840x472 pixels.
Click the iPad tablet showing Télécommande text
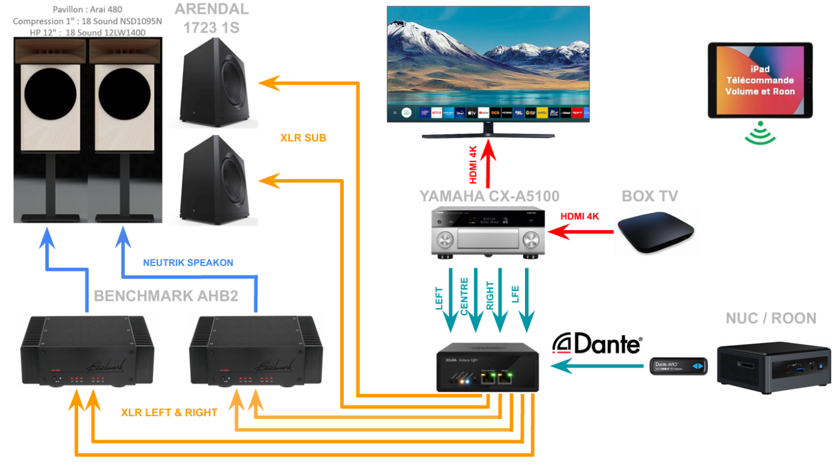pos(760,80)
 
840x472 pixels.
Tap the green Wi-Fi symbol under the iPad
pos(760,133)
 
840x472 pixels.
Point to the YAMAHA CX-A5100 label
pos(489,196)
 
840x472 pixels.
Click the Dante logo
pos(597,343)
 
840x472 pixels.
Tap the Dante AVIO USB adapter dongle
pos(679,366)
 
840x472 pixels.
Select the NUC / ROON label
pos(770,318)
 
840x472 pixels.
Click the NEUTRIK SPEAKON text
pos(188,262)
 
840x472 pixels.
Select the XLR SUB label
pos(303,138)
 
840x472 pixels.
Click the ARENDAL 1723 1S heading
pos(212,18)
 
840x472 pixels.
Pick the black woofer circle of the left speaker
pos(50,97)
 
